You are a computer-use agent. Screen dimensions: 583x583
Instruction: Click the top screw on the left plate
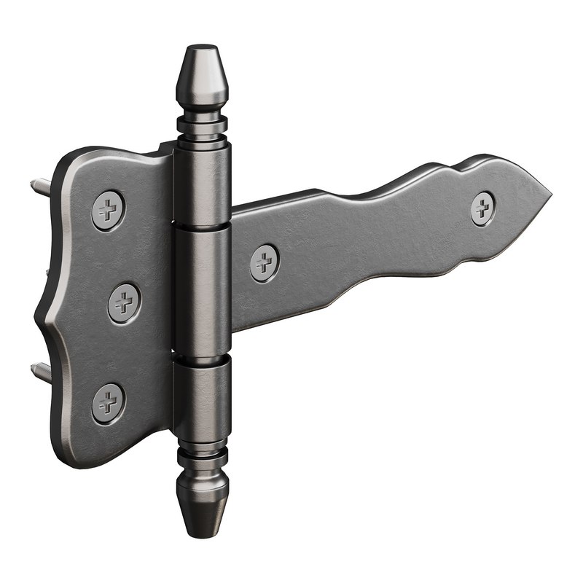click(x=108, y=211)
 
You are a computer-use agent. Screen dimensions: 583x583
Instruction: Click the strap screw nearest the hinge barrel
click(x=264, y=262)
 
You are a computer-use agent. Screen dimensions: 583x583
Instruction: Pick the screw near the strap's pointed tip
click(x=483, y=208)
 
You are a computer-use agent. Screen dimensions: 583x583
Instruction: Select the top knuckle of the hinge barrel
click(x=202, y=182)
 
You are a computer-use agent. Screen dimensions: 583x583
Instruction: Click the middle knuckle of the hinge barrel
click(x=202, y=291)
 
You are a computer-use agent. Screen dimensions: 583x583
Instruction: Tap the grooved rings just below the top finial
click(x=202, y=124)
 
